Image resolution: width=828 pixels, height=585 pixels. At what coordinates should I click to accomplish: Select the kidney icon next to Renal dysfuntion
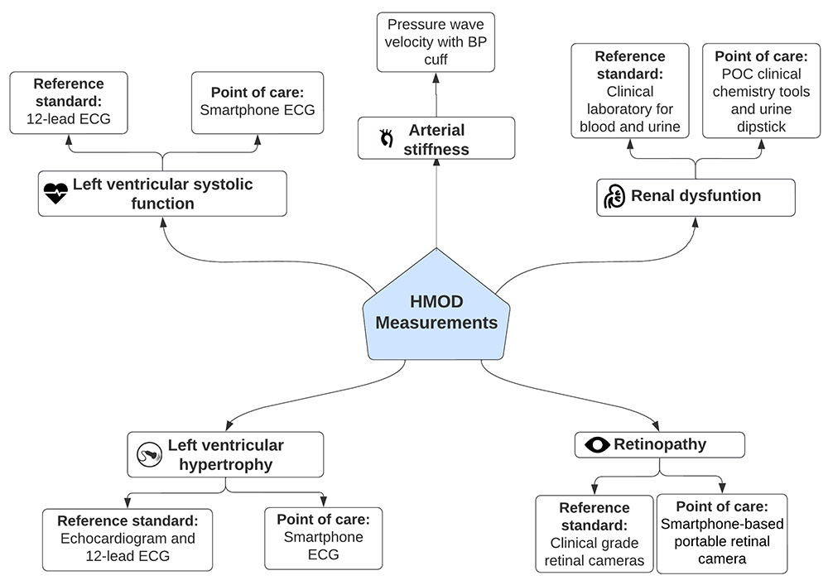(x=614, y=197)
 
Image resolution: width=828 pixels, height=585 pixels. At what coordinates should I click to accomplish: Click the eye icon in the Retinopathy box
(x=596, y=445)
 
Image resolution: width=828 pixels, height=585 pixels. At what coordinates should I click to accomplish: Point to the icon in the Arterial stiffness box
(x=385, y=138)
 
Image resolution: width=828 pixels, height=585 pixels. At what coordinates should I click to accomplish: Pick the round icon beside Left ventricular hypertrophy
(x=149, y=454)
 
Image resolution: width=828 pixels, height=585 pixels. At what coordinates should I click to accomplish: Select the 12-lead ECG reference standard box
(x=69, y=103)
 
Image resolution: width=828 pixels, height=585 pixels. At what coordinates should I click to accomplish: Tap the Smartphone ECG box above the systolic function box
(x=252, y=103)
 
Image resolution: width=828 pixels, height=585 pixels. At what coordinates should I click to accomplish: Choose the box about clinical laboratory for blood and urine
(x=629, y=91)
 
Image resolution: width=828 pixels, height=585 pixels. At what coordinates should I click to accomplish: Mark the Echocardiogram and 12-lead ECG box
(x=127, y=539)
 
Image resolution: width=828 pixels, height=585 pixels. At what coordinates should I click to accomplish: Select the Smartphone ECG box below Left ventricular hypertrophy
(x=323, y=538)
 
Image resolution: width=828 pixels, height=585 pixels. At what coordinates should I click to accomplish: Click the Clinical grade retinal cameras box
(x=595, y=534)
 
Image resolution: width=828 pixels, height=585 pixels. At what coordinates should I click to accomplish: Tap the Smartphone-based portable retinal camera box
(x=722, y=534)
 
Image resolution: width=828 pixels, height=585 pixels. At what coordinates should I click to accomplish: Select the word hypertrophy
(x=225, y=464)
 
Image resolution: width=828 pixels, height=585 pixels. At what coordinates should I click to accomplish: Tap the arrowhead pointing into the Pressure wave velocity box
(x=436, y=76)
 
